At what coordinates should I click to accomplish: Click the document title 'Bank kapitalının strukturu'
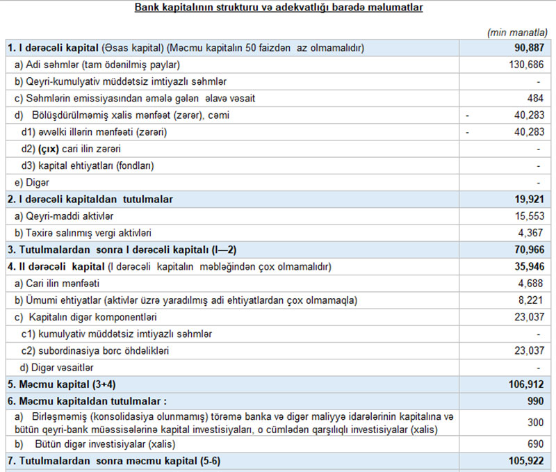pyautogui.click(x=278, y=8)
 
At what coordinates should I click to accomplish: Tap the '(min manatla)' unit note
pyautogui.click(x=518, y=33)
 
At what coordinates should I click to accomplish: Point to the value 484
pyautogui.click(x=535, y=98)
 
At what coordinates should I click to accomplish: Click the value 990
pyautogui.click(x=535, y=401)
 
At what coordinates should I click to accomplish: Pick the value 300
pyautogui.click(x=535, y=422)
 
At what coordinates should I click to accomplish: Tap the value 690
pyautogui.click(x=535, y=443)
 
